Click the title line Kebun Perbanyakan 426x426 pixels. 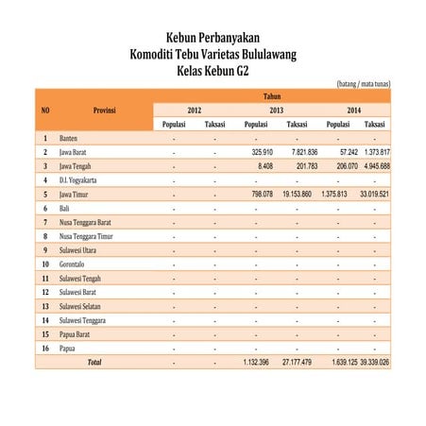pos(213,38)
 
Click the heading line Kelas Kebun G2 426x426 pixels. pos(213,70)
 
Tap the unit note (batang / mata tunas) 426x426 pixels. pos(364,84)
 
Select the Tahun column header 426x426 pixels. pos(272,96)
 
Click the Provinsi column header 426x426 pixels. pos(105,111)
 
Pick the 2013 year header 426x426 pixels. pos(277,111)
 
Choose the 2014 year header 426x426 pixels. pos(354,111)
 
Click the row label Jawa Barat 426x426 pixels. pos(76,152)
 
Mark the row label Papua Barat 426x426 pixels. pos(77,333)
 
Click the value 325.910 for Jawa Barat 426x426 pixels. pos(257,152)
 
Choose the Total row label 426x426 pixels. pos(94,362)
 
